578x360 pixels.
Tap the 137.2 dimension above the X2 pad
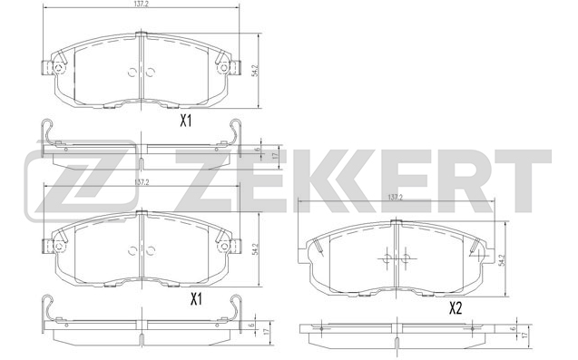(x=395, y=197)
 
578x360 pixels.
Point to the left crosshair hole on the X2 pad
(x=385, y=259)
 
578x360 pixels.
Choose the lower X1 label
(x=195, y=299)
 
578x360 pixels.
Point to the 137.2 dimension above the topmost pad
(x=141, y=6)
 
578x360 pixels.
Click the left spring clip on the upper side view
(x=49, y=134)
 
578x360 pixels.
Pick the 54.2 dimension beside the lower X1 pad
(x=260, y=246)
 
